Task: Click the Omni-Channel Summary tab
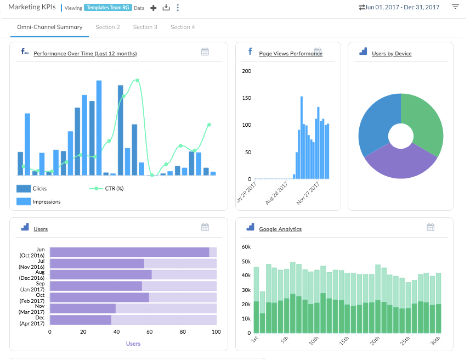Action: (x=49, y=27)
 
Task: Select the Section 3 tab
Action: (x=145, y=27)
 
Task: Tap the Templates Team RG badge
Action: (x=108, y=8)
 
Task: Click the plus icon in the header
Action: (x=154, y=8)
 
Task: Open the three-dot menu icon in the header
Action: (x=178, y=8)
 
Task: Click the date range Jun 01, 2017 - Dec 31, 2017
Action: (x=403, y=7)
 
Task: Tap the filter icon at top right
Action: (x=455, y=7)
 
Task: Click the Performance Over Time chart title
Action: (x=85, y=54)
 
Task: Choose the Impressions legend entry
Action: (x=47, y=201)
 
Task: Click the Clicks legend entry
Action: (x=39, y=188)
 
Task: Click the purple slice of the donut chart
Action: (x=400, y=162)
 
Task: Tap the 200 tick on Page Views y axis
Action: (x=246, y=71)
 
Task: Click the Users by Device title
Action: (x=392, y=54)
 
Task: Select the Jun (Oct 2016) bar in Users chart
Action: (x=129, y=252)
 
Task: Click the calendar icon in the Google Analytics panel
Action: (x=431, y=227)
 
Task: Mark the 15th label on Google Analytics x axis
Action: (x=342, y=341)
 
